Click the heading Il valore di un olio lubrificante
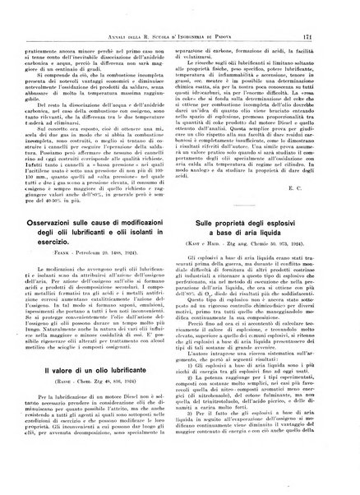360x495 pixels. point(103,376)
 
